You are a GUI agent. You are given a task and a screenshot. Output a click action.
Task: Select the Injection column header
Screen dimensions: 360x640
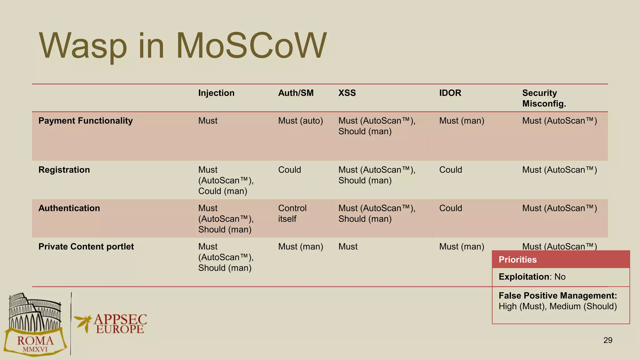(216, 93)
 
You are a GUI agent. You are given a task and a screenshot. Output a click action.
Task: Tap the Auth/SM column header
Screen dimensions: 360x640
(296, 93)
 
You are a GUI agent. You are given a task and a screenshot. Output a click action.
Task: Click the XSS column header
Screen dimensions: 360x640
(347, 93)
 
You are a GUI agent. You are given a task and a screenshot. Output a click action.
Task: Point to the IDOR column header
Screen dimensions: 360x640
(450, 93)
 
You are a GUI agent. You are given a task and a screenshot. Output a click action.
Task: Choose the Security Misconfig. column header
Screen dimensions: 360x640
(544, 98)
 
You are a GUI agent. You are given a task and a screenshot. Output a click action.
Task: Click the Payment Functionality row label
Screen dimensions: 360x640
(85, 121)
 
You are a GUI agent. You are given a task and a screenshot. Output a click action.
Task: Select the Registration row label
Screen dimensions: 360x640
(64, 170)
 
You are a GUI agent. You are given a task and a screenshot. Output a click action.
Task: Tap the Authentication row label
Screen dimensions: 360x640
(69, 208)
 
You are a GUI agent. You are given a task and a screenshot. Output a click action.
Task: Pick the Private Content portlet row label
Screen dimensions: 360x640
(86, 247)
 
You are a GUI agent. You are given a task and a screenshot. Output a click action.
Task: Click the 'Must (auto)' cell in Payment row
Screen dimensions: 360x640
(300, 121)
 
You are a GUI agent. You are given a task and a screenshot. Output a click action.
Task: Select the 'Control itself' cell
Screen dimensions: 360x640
(292, 214)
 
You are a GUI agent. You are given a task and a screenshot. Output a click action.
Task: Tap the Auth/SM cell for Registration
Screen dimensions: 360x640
(289, 170)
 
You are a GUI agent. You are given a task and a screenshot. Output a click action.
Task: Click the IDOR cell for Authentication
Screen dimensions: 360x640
(450, 208)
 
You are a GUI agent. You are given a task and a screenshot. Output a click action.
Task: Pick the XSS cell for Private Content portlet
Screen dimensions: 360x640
(348, 247)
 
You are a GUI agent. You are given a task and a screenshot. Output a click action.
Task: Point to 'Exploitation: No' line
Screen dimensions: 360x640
(532, 277)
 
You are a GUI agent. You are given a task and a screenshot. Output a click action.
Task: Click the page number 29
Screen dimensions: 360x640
(607, 340)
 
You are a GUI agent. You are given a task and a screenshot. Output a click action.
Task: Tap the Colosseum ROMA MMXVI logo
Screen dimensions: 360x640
(35, 325)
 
